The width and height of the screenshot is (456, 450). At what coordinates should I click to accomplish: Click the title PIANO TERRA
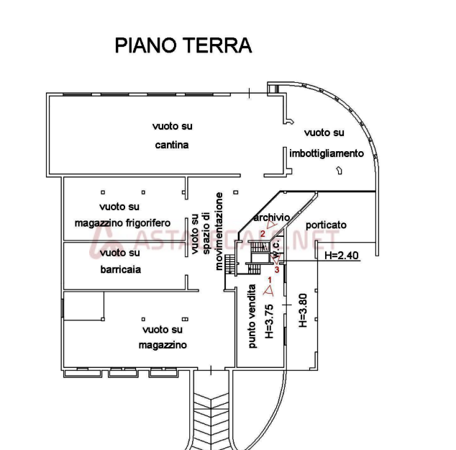[x=183, y=45]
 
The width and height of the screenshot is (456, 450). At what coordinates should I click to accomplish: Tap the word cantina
[x=172, y=145]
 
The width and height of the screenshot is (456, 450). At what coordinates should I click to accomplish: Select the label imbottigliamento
[x=327, y=153]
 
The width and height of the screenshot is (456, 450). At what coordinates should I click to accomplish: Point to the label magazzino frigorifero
[x=123, y=223]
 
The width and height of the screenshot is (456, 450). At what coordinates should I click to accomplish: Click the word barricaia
[x=120, y=270]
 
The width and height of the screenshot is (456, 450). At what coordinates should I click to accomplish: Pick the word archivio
[x=271, y=217]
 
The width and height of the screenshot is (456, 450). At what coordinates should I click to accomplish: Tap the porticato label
[x=326, y=225]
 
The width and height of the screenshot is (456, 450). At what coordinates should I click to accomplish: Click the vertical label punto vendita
[x=252, y=316]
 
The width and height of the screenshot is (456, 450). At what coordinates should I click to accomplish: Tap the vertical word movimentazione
[x=219, y=231]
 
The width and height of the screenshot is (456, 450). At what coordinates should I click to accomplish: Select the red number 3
[x=278, y=269]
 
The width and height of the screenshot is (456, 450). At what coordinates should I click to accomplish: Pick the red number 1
[x=270, y=279]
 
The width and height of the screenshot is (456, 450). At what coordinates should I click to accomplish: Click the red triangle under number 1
[x=268, y=290]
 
